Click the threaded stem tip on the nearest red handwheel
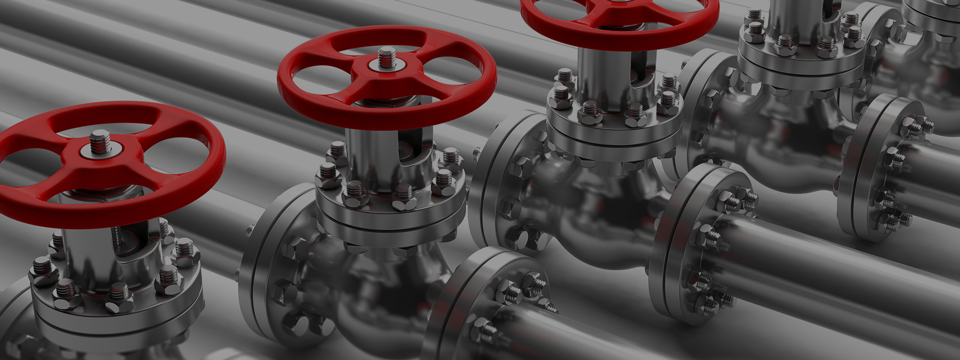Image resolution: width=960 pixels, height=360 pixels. coord(100,140)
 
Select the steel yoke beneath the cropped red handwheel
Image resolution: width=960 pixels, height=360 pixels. coord(600,75)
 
